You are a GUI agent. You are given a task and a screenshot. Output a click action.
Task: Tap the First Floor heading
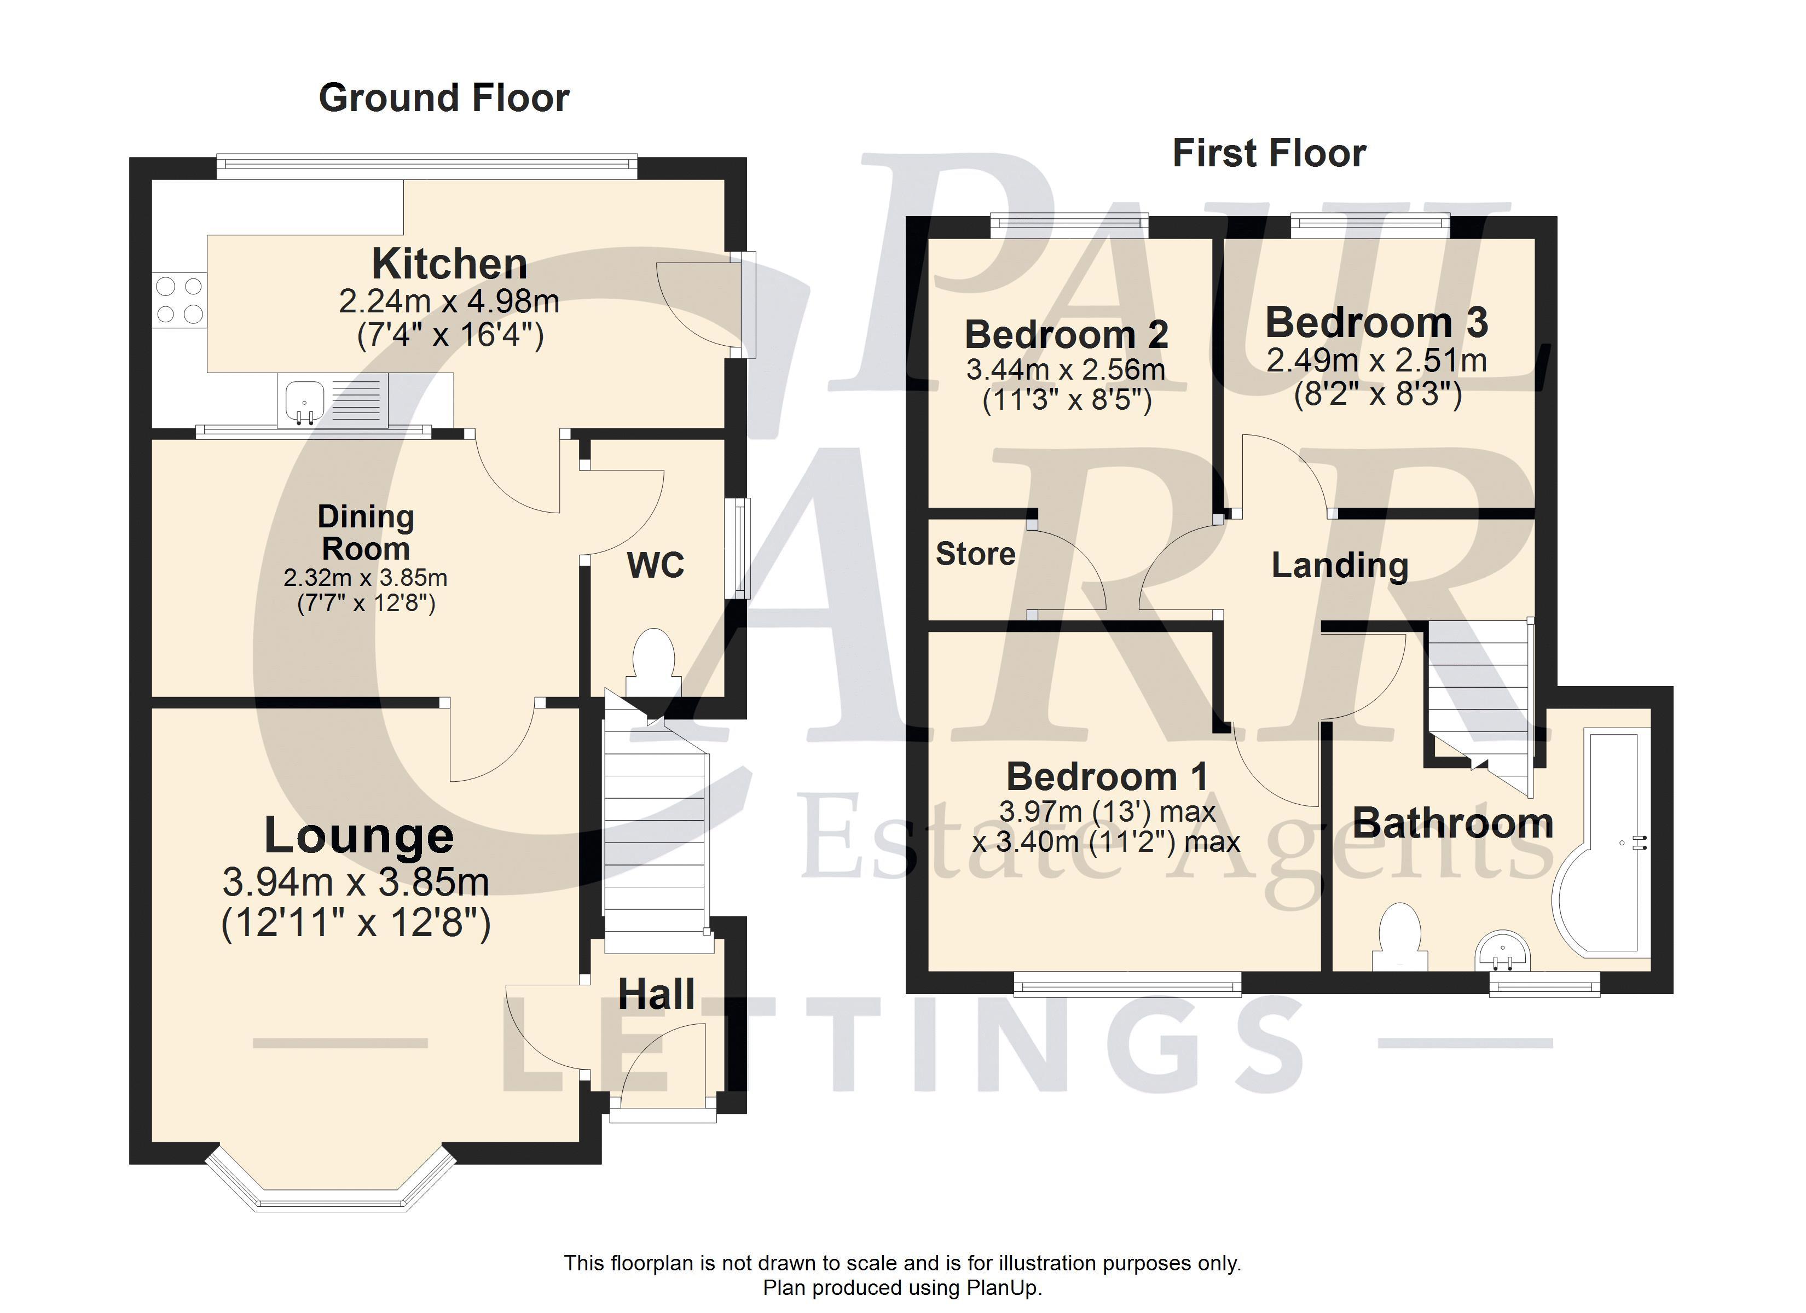pyautogui.click(x=1269, y=153)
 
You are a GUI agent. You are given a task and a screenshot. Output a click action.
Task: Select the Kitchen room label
pyautogui.click(x=449, y=264)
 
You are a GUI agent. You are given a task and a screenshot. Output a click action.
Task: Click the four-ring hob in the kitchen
pyautogui.click(x=179, y=299)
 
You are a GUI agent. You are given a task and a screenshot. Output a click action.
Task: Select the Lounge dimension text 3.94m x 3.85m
pyautogui.click(x=356, y=881)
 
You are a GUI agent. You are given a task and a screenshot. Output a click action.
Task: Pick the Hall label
pyautogui.click(x=657, y=995)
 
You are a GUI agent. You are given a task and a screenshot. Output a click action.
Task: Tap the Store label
pyautogui.click(x=975, y=554)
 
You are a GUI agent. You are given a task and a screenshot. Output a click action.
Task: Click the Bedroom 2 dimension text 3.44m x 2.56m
pyautogui.click(x=1066, y=369)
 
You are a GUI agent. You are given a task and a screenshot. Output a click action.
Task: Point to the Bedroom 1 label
pyautogui.click(x=1107, y=776)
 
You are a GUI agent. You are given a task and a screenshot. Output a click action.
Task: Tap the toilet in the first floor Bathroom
pyautogui.click(x=1400, y=936)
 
